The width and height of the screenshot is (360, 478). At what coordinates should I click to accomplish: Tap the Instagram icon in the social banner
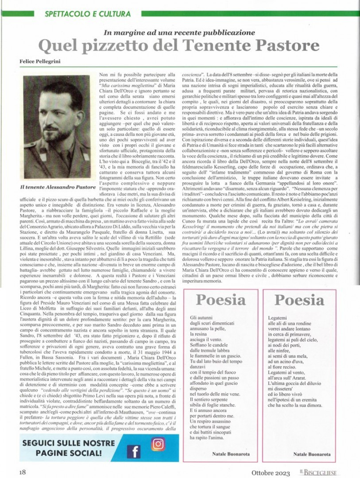(x=157, y=443)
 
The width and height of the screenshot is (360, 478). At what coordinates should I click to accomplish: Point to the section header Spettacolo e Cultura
(x=87, y=14)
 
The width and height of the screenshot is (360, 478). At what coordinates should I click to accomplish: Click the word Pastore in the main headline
(x=288, y=46)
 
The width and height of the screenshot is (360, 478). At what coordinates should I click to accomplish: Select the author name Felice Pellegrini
(x=44, y=61)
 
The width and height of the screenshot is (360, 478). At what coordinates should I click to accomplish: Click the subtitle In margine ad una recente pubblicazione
(x=179, y=32)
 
